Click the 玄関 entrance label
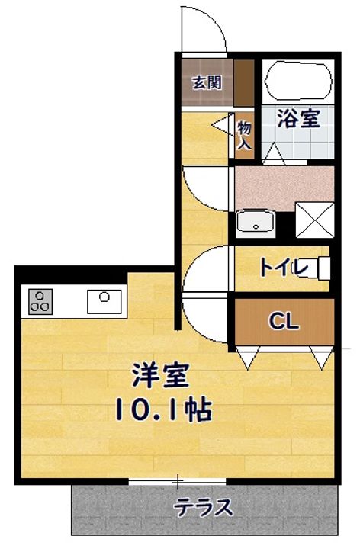207,83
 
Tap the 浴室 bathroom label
299,118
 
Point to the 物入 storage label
244,135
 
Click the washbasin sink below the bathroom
255,223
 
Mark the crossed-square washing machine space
315,220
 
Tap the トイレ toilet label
284,268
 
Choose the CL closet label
284,321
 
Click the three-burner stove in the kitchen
40,301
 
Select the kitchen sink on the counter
104,301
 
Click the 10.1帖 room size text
163,409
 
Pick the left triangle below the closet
248,358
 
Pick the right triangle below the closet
321,358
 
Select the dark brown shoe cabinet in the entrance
244,82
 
